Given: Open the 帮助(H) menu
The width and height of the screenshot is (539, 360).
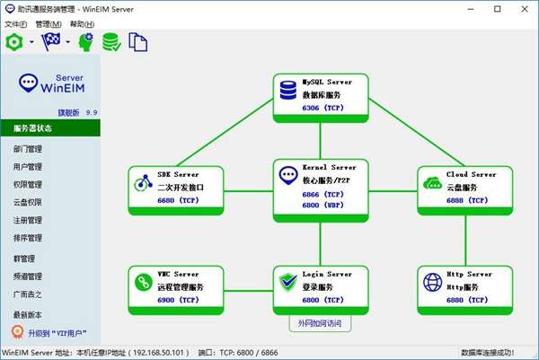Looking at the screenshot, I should point(82,23).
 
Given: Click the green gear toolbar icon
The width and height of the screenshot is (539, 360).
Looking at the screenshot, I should point(13,42).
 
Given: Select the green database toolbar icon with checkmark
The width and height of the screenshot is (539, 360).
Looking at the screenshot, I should point(112,42).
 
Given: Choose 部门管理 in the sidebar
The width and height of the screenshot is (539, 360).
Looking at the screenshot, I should point(28,148).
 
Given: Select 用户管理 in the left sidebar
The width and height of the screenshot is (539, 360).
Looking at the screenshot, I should point(28,166).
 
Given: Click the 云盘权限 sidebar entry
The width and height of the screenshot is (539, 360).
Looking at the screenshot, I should point(28,202).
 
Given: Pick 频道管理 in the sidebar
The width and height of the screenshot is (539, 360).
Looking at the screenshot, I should point(28,277).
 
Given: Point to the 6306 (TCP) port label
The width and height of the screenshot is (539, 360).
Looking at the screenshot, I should point(321,107).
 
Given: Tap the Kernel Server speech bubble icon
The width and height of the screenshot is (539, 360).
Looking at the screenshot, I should point(288,174).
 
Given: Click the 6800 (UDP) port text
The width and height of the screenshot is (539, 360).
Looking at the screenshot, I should point(321,204).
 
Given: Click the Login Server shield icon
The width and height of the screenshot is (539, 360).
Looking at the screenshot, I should point(288,283).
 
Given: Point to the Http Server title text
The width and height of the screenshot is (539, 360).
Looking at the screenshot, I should point(469,274).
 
